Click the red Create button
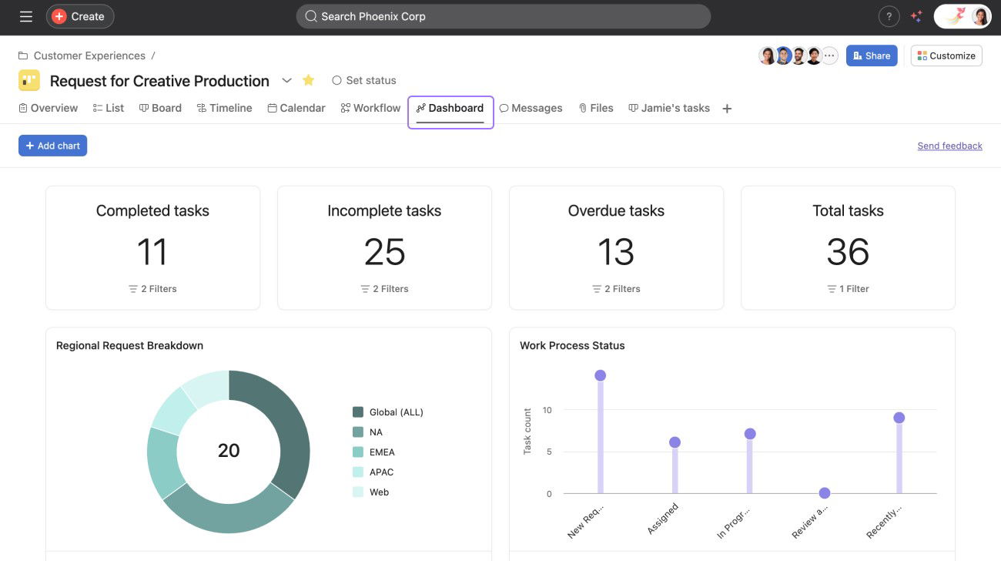click(79, 16)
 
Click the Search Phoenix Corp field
click(503, 16)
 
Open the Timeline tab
click(224, 108)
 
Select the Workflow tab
click(370, 108)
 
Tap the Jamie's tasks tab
click(669, 108)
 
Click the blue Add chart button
click(52, 146)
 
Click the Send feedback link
click(949, 146)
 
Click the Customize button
click(946, 55)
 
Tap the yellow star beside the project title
click(309, 80)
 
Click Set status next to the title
click(363, 80)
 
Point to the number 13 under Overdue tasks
click(616, 252)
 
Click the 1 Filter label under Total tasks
click(848, 289)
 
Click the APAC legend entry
click(381, 472)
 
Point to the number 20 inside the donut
click(229, 451)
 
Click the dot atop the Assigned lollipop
click(675, 442)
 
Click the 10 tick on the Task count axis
click(547, 410)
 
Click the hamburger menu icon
click(26, 16)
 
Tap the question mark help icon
click(889, 16)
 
